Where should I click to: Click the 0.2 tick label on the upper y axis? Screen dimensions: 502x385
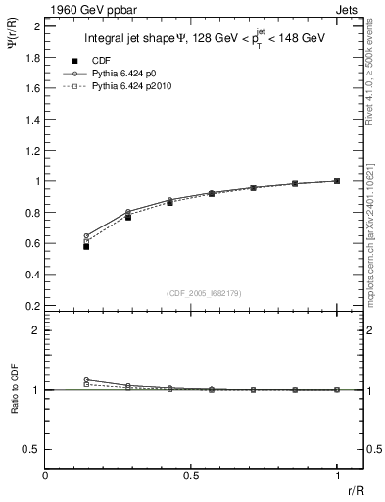34,306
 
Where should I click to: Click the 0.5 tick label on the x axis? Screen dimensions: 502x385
191,477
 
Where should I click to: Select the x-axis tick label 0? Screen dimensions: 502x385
46,477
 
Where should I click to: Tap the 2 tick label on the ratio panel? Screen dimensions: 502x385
35,330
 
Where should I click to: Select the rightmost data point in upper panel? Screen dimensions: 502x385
337,181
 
